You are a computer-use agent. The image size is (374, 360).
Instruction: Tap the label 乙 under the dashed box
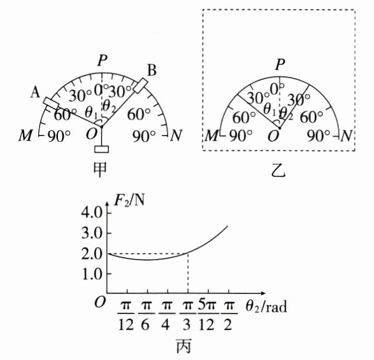(x=280, y=171)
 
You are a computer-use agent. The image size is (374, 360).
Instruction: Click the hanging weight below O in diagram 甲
(x=102, y=150)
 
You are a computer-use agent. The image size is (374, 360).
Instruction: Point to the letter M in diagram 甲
(x=26, y=136)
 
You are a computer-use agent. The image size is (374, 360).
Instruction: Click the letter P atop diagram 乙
(x=279, y=64)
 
